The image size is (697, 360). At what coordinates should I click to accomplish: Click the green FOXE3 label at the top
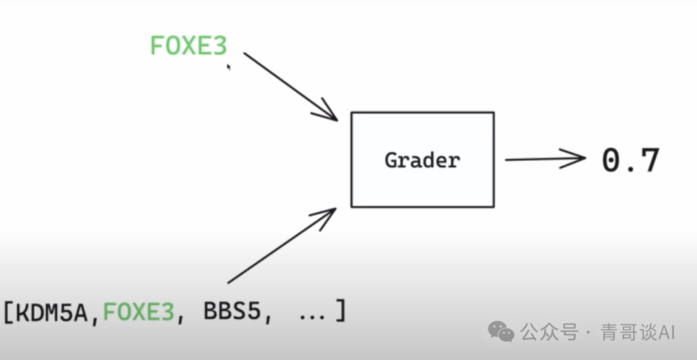tap(188, 46)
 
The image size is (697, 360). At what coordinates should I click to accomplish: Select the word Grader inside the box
tap(422, 160)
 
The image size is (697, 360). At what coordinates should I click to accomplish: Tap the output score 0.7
tap(631, 161)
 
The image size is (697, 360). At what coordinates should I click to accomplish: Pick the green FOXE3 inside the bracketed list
tap(139, 313)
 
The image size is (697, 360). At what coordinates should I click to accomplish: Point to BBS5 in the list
tap(232, 313)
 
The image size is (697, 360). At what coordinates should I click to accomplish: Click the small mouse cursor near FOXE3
tap(228, 65)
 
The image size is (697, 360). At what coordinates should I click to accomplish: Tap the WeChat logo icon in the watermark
tap(501, 332)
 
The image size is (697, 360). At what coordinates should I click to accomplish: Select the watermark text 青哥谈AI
tap(638, 333)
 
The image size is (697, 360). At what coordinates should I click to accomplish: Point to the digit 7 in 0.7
tap(647, 161)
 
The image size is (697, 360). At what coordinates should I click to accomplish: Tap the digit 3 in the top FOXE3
tap(219, 46)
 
